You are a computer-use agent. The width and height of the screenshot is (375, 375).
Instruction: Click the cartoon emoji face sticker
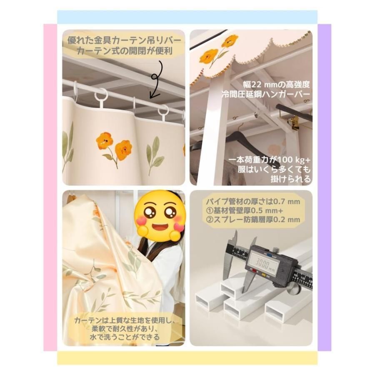click(x=159, y=216)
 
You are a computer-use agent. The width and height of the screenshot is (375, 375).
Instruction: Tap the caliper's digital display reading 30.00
click(x=264, y=263)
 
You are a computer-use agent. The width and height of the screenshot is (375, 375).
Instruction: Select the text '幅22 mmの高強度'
click(x=276, y=84)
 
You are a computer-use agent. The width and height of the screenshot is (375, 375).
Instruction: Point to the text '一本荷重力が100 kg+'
click(x=269, y=160)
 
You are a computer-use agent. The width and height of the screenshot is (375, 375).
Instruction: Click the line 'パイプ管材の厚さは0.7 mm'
click(x=252, y=202)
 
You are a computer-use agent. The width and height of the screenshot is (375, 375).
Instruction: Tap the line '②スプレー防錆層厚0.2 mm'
click(x=252, y=219)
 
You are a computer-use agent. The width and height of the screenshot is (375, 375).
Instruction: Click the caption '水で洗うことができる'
click(x=125, y=337)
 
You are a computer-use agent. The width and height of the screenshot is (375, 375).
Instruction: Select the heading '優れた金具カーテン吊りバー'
click(x=124, y=40)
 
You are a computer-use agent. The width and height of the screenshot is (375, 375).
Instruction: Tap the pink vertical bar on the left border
click(x=50, y=187)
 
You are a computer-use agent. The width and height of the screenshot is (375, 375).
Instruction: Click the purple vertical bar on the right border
click(x=324, y=187)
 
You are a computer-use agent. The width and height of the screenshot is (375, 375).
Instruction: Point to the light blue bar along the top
click(x=187, y=17)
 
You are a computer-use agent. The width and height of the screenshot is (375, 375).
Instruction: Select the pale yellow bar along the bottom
click(x=187, y=358)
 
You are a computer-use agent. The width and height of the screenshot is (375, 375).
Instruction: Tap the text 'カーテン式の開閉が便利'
click(x=124, y=51)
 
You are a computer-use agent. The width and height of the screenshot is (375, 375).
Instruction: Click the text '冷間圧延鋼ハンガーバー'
click(x=266, y=94)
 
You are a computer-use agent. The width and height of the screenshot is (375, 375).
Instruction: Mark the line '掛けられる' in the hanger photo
click(x=290, y=179)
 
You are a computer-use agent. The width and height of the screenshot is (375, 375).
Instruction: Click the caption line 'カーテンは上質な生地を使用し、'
click(x=125, y=320)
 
